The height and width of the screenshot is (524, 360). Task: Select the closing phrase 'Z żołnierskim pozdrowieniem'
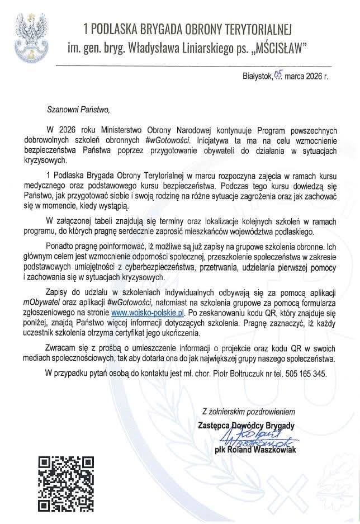pos(248,412)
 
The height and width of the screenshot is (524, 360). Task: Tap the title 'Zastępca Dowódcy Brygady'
pos(246,424)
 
